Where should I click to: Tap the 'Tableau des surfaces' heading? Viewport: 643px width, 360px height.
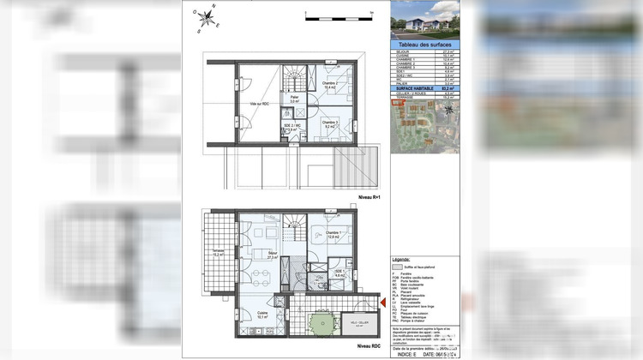pos(424,44)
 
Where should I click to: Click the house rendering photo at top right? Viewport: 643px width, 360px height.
pos(424,21)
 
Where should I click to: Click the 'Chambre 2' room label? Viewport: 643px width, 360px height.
pos(329,85)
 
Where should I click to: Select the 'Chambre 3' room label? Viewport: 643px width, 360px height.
pos(329,123)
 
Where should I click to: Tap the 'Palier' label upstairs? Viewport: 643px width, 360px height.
pos(294,99)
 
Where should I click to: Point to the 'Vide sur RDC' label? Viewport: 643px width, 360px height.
pos(259,104)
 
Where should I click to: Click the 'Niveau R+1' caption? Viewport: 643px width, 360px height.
pos(369,199)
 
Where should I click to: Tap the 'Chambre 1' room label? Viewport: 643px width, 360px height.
pos(334,233)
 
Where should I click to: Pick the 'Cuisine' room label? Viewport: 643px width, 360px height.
pos(250,314)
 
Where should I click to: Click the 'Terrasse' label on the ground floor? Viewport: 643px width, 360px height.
pos(218,252)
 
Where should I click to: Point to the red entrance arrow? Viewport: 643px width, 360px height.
pos(382,302)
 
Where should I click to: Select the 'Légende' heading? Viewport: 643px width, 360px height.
pos(401,259)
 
